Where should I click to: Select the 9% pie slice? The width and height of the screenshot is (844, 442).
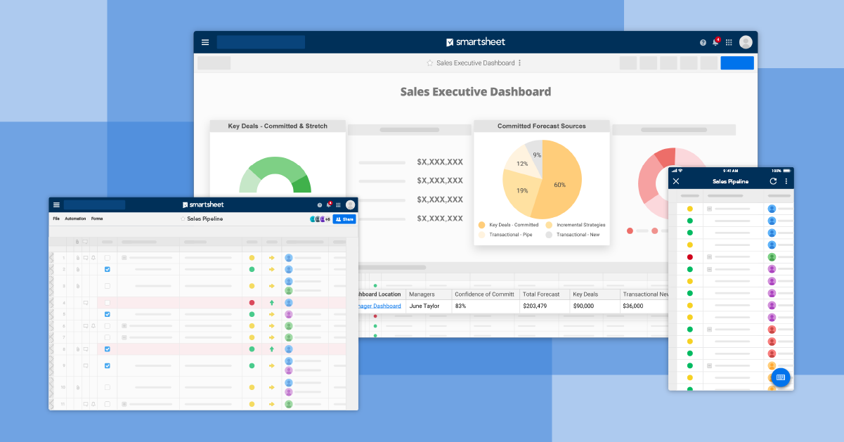coord(536,155)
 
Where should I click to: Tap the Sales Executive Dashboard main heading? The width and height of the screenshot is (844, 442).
coord(475,91)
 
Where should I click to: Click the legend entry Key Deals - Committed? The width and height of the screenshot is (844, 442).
coord(513,225)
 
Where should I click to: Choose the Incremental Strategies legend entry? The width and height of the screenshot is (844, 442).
coord(580,225)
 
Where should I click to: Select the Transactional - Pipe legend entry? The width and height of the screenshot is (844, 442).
coord(510,235)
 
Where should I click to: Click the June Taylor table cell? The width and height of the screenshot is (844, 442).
coord(424,306)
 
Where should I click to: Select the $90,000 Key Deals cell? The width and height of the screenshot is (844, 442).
coord(583,306)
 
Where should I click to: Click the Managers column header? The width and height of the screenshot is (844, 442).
coord(422,294)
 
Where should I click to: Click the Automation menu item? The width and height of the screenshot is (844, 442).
coord(75,219)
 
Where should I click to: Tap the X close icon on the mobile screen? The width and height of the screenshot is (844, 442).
coord(676,181)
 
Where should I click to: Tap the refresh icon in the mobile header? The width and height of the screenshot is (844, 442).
coord(773,181)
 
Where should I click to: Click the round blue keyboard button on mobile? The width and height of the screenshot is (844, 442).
coord(780,377)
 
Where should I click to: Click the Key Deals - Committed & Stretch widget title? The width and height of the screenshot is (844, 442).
coord(278,126)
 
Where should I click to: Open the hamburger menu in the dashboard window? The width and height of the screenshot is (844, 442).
coord(205,42)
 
